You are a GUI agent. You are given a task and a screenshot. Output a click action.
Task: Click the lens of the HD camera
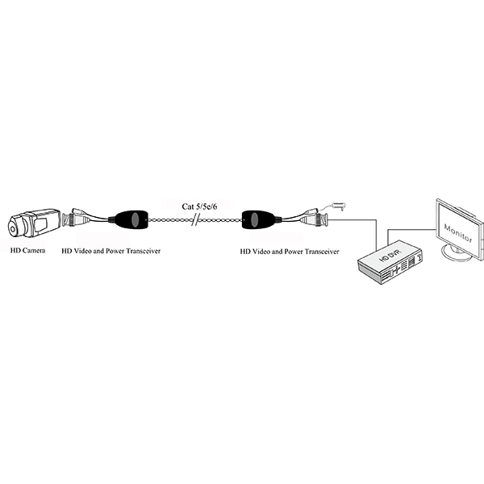[12, 229]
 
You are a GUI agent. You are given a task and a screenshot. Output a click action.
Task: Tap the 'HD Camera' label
[27, 250]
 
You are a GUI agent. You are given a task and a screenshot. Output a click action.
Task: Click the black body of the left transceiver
[131, 219]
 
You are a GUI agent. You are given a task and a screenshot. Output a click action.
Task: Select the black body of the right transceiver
[258, 219]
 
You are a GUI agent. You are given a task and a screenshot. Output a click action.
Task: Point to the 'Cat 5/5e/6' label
[199, 207]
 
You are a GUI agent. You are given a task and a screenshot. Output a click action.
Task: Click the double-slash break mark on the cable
[194, 219]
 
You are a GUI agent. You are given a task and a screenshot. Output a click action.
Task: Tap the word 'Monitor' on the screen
[457, 233]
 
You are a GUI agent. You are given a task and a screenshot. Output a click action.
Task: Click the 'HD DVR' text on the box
[390, 256]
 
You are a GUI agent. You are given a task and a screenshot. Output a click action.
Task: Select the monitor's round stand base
[457, 252]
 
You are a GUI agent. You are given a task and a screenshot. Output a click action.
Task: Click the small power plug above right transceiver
[339, 205]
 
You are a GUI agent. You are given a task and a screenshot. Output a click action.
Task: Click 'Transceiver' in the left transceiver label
[144, 251]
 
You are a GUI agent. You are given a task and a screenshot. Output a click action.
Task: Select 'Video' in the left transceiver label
[83, 251]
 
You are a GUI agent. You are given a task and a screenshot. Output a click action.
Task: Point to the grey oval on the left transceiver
[135, 219]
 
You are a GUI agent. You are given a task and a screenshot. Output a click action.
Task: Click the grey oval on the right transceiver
[254, 219]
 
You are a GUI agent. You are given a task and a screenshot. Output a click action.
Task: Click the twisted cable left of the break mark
[169, 220]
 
